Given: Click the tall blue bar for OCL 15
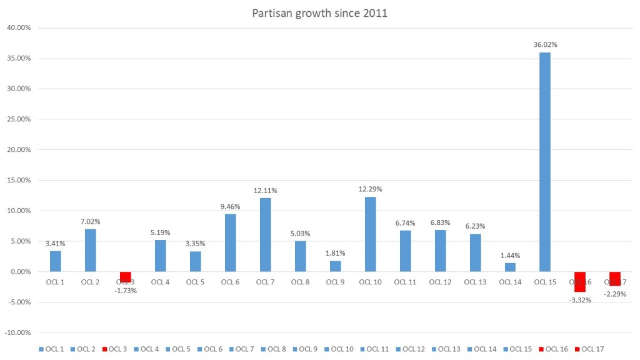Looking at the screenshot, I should (545, 162).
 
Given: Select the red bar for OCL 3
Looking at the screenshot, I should (125, 277).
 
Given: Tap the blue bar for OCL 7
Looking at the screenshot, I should (265, 234).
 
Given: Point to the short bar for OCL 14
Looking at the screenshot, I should (509, 267).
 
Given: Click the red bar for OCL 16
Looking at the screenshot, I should (579, 282).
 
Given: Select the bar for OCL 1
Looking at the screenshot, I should (56, 261).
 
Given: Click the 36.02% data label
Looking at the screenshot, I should (545, 44).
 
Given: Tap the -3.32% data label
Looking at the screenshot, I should (579, 300).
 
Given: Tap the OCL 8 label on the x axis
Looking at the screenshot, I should (300, 282).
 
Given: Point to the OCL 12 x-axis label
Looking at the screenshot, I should (439, 282).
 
